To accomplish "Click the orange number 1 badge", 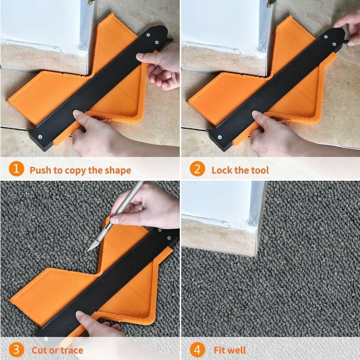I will coord(16,170).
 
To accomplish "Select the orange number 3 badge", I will coord(16,350).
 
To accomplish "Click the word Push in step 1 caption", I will coord(40,170).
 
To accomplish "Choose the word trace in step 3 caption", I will coord(71,350).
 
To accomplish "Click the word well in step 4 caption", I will coord(238,350).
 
